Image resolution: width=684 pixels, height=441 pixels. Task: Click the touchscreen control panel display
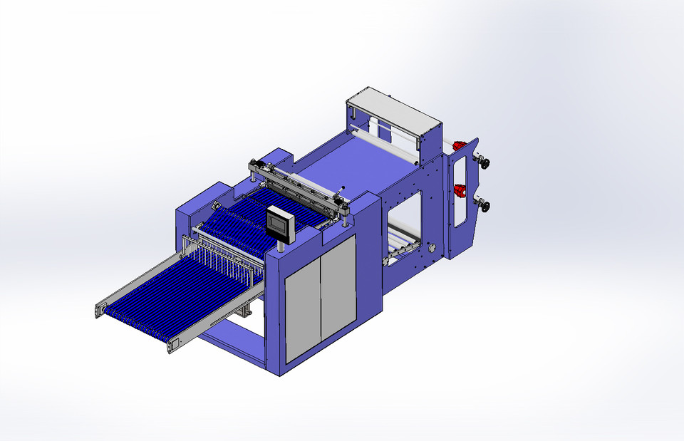279,223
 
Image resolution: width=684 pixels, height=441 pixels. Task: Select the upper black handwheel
485,162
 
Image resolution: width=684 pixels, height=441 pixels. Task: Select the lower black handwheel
485,207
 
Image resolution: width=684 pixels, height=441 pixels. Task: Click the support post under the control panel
282,247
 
